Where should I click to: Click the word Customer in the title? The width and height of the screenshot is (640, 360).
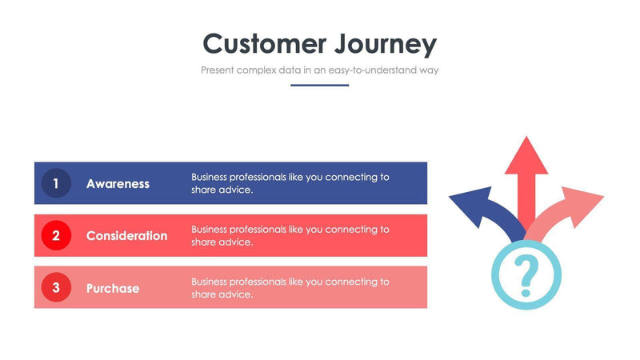(253, 43)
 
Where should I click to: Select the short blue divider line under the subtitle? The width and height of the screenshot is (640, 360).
(319, 85)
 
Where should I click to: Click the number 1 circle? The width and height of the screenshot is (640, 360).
(56, 183)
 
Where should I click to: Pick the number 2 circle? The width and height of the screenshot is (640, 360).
(56, 235)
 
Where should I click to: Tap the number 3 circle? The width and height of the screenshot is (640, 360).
(56, 288)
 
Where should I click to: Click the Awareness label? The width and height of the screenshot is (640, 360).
(118, 183)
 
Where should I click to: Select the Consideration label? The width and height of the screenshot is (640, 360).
(126, 236)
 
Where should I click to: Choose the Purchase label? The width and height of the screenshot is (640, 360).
(112, 288)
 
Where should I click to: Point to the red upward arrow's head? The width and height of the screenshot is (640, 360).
(526, 156)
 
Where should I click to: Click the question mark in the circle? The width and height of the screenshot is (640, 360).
(526, 274)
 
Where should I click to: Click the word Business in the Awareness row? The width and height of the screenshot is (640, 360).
(209, 177)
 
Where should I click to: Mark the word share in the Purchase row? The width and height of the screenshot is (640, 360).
(203, 294)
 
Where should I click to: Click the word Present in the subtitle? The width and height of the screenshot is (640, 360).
(218, 70)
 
